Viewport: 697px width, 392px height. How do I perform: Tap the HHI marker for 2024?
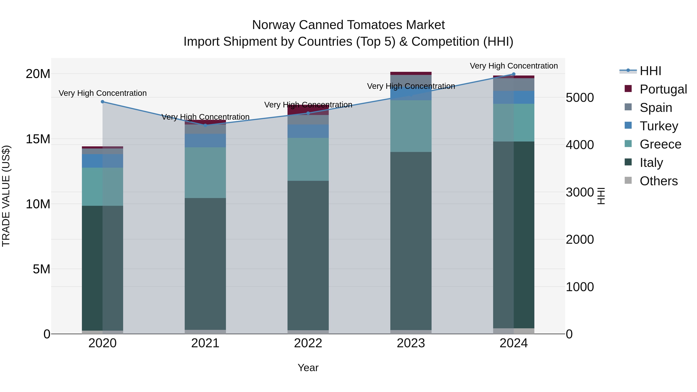click(x=513, y=74)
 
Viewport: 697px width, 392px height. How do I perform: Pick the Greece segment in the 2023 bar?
click(x=411, y=126)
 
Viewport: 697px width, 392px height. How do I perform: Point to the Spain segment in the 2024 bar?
click(x=513, y=84)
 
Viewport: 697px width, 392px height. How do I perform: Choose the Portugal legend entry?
click(x=663, y=89)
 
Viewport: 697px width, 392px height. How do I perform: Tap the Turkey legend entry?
click(x=659, y=126)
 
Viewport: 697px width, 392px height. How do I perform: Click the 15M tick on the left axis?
click(x=38, y=139)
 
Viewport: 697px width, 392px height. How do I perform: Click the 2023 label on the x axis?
click(x=411, y=343)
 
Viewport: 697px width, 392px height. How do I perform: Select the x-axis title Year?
click(x=308, y=368)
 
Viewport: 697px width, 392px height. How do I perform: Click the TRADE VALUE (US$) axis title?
click(x=6, y=196)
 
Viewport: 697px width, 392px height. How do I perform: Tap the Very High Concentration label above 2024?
click(x=513, y=66)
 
